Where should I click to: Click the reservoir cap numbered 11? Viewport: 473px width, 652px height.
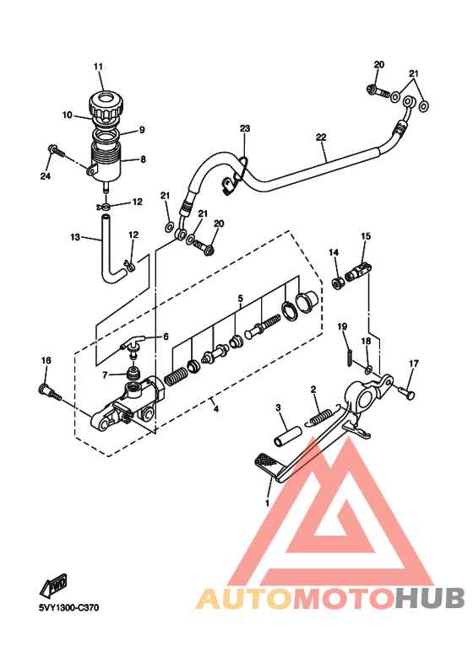(x=106, y=105)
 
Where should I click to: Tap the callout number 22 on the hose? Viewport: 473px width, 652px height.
(x=321, y=137)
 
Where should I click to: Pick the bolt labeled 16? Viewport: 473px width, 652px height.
(x=51, y=393)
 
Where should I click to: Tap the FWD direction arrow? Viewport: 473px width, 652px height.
(x=53, y=586)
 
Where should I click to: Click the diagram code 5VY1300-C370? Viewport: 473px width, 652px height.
(x=68, y=607)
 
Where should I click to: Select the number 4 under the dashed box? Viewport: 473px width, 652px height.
(x=215, y=409)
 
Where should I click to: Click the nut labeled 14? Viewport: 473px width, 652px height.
(x=337, y=283)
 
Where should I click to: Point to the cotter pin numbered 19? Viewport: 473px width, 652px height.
(x=349, y=357)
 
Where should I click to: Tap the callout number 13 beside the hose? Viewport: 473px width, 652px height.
(x=75, y=237)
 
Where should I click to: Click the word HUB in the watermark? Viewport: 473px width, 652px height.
(x=430, y=598)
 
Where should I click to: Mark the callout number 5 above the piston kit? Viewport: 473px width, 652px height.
(x=240, y=298)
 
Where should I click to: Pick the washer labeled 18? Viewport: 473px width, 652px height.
(x=368, y=369)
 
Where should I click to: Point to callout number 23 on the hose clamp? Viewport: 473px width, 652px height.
(x=245, y=128)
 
